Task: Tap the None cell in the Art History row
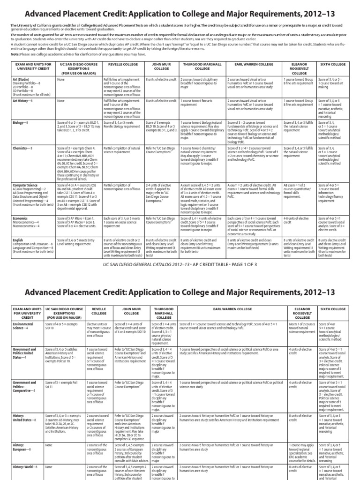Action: (x=61, y=101)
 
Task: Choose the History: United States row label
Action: (x=22, y=417)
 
